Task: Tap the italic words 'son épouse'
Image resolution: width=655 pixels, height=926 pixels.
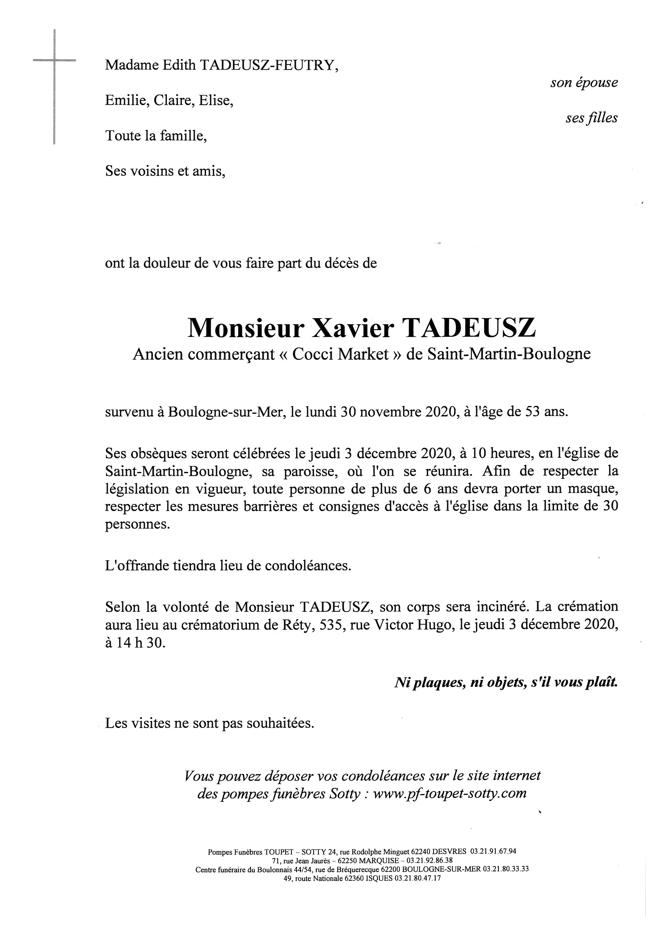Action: tap(584, 83)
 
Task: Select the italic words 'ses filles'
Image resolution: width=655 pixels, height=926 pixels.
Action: tap(591, 118)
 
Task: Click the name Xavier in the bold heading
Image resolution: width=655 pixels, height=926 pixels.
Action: tap(350, 329)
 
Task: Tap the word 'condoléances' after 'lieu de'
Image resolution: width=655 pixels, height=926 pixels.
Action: tap(308, 566)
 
